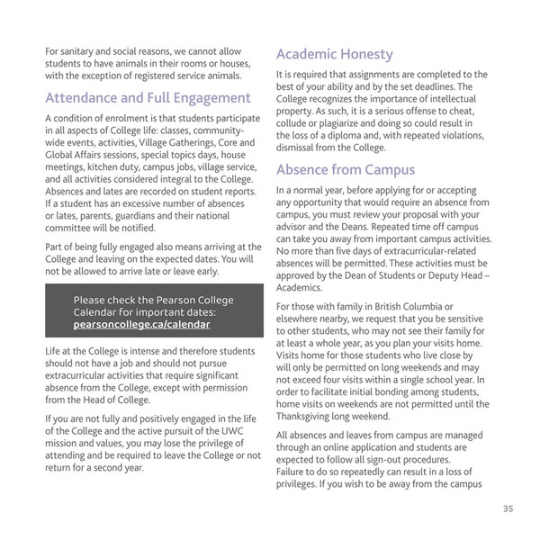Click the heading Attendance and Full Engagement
tap(148, 97)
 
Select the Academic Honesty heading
tap(334, 54)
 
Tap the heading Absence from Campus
tap(346, 170)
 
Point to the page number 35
tap(508, 508)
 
